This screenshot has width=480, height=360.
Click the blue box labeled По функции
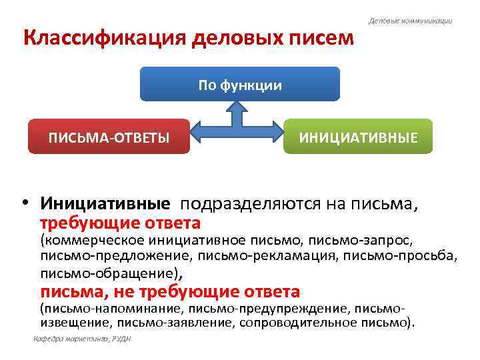click(x=240, y=85)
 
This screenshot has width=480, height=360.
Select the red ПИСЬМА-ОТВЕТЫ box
click(x=108, y=137)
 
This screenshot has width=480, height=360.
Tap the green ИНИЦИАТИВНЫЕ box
click(x=358, y=137)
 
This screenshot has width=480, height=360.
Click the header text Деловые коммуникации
click(x=411, y=21)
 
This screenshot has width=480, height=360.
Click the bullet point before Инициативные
click(x=27, y=203)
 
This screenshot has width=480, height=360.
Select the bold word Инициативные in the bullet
click(x=105, y=203)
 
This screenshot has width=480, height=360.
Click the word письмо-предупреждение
click(x=268, y=309)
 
